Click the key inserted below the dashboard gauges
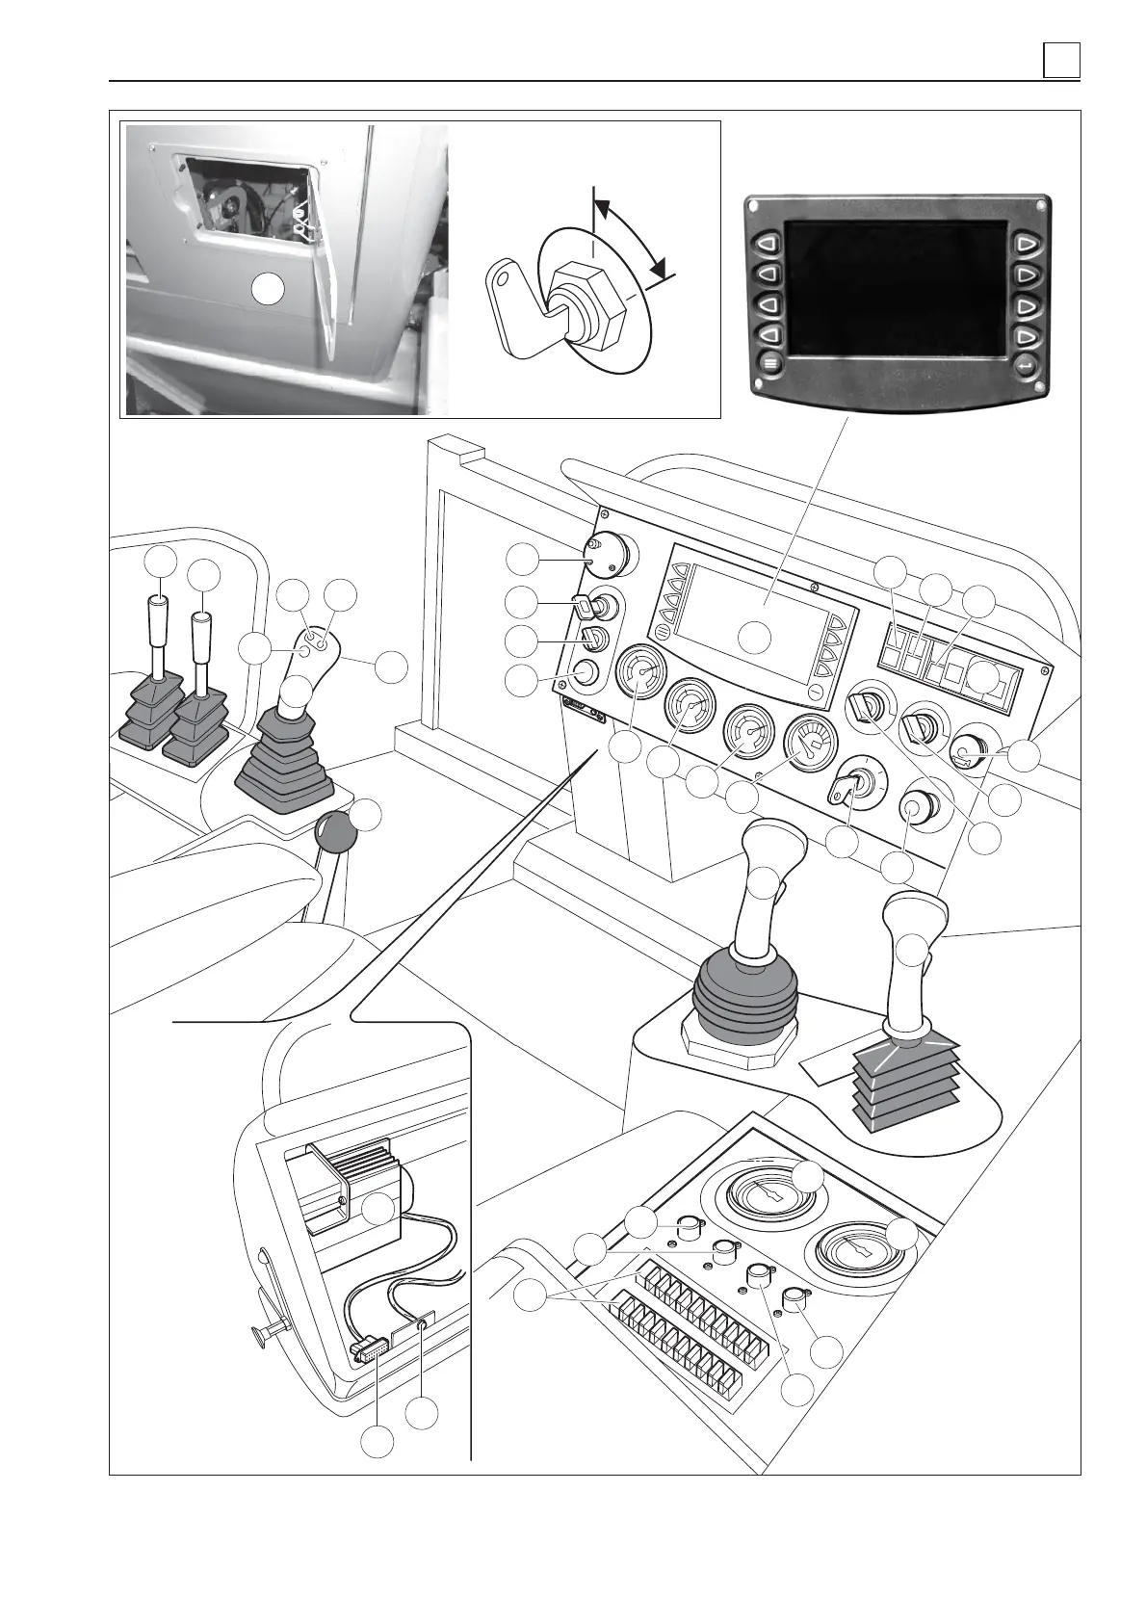pyautogui.click(x=846, y=793)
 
